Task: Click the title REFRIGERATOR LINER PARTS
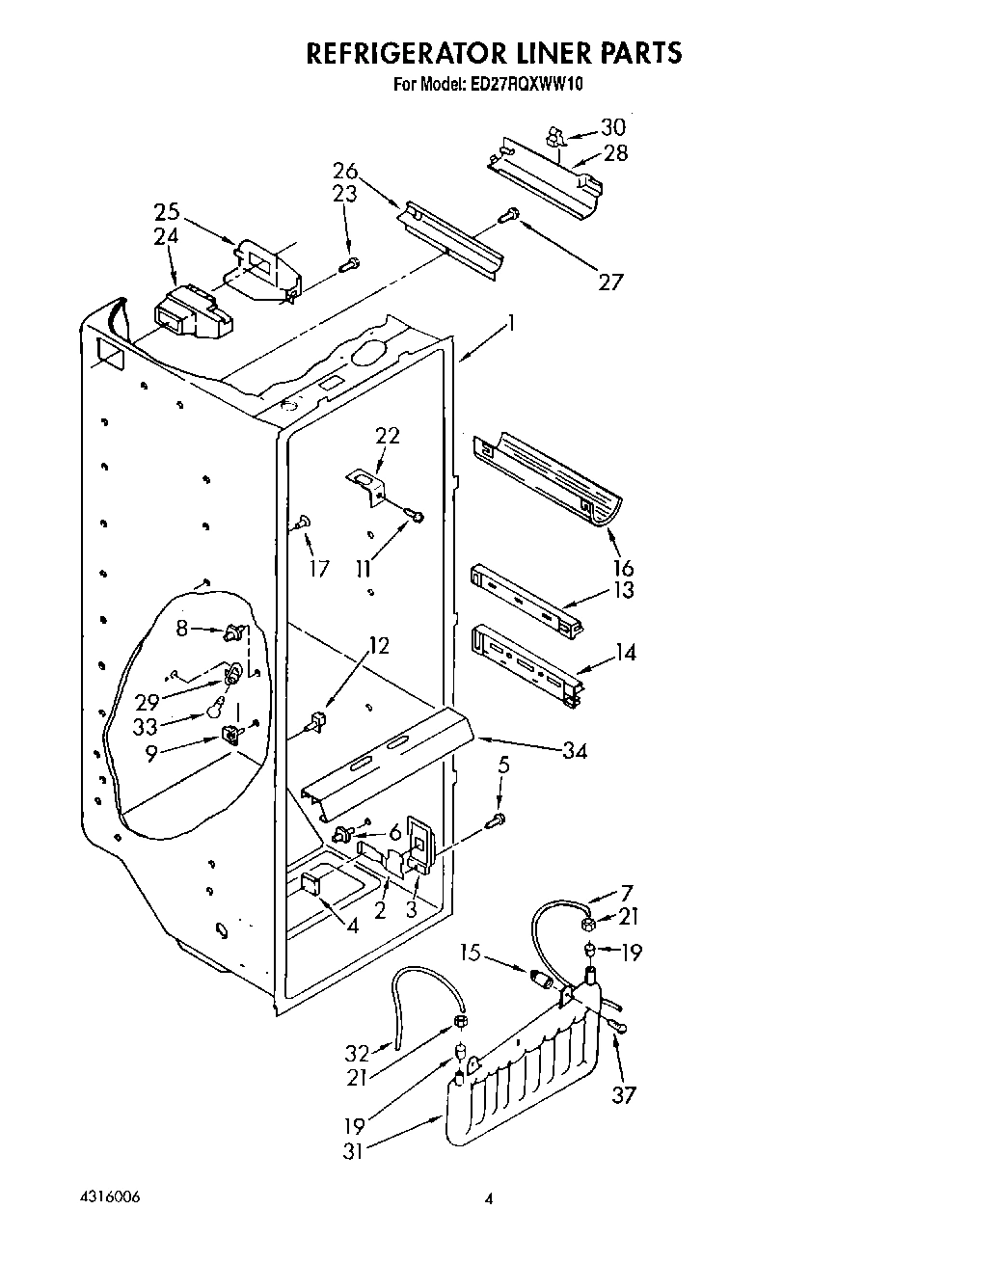(494, 52)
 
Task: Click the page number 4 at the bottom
(489, 1199)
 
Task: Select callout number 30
(612, 127)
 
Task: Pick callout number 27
(610, 282)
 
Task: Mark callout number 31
(354, 1150)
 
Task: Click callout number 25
(167, 212)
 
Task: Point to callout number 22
(387, 436)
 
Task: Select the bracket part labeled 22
(366, 485)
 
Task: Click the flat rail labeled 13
(526, 602)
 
